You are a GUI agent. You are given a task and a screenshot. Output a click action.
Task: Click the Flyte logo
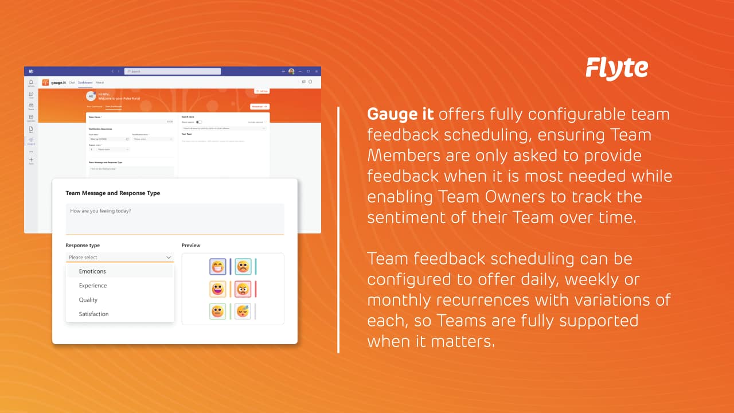[616, 68]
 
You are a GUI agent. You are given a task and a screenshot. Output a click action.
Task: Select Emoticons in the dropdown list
[92, 271]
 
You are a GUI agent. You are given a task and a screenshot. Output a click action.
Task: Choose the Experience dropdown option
[93, 286]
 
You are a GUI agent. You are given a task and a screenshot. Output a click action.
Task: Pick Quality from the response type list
[88, 300]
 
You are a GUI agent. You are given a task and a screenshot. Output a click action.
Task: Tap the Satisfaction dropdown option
[93, 314]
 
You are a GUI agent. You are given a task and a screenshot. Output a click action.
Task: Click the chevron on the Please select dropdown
[169, 258]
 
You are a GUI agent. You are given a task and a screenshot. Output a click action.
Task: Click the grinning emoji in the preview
[218, 266]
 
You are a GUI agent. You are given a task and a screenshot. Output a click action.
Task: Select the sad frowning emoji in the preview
[243, 266]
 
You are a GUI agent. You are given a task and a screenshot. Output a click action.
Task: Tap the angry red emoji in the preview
[243, 289]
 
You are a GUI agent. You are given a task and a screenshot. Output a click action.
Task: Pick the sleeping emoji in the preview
[243, 311]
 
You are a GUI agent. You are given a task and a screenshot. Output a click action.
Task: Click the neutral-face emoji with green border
[218, 311]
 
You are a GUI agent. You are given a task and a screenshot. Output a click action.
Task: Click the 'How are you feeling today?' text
[100, 211]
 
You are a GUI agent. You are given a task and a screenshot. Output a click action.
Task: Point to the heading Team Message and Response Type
[113, 193]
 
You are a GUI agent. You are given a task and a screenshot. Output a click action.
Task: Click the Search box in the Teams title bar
[173, 71]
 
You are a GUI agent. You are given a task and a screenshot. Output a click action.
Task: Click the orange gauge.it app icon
[45, 83]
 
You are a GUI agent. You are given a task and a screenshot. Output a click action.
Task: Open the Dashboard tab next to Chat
[85, 83]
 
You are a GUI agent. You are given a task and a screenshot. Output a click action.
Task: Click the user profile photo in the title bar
[291, 71]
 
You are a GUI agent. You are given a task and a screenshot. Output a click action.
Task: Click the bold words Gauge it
[400, 114]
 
